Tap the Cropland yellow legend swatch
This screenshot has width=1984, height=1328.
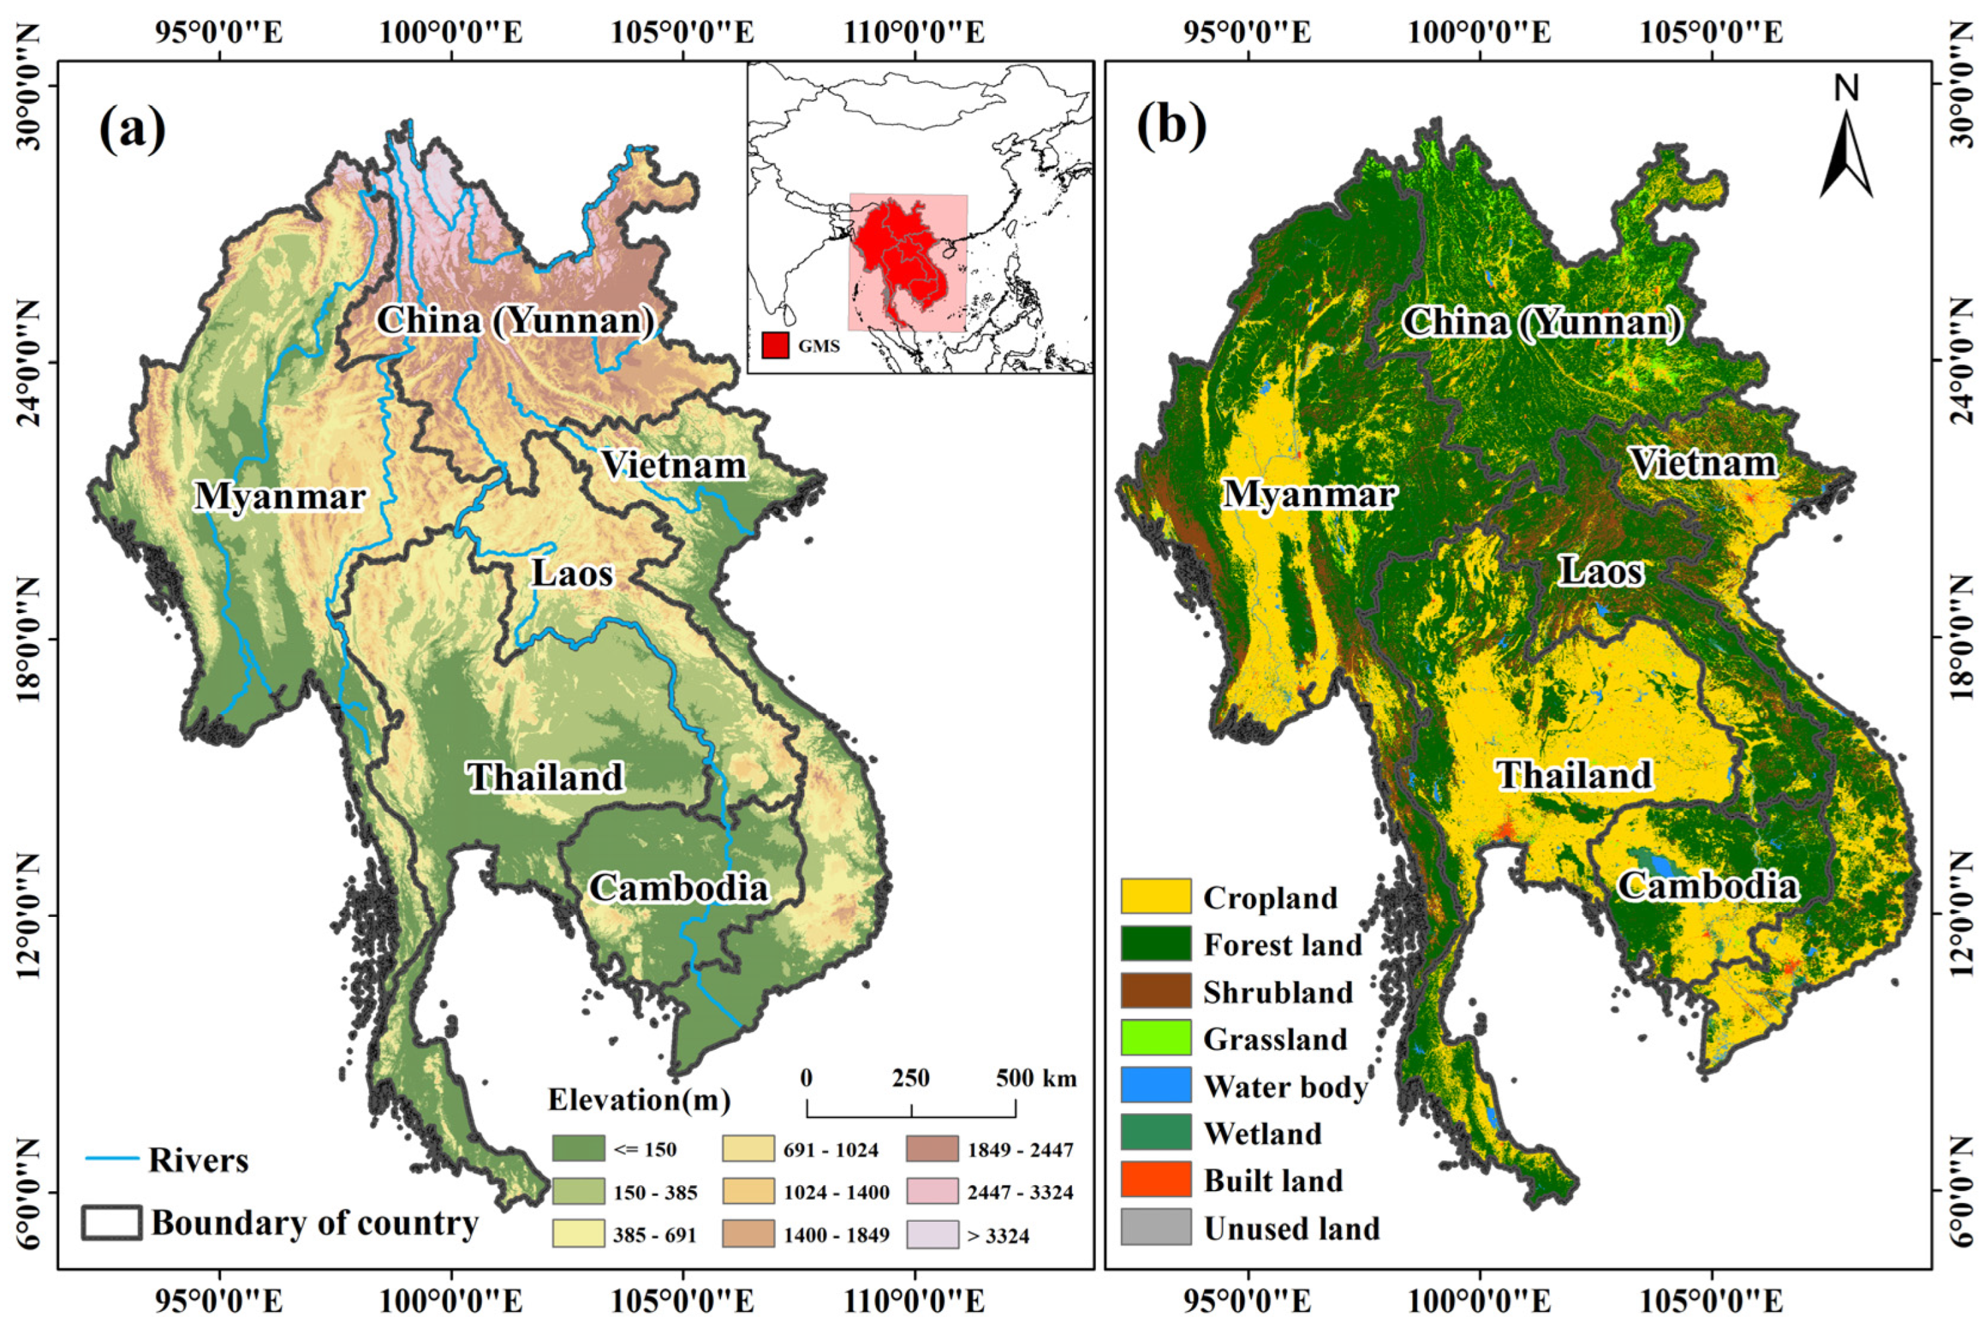(x=1155, y=896)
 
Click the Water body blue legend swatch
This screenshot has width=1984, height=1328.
(x=1155, y=1085)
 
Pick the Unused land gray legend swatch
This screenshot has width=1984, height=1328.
(x=1155, y=1227)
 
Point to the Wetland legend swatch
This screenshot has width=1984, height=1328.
(x=1155, y=1132)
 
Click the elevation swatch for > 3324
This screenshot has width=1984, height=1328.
(x=932, y=1235)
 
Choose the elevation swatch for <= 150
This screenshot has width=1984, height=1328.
(x=578, y=1148)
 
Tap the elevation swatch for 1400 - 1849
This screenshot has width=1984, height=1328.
(x=748, y=1235)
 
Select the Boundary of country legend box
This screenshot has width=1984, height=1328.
(x=112, y=1223)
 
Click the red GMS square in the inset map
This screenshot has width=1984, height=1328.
(x=775, y=346)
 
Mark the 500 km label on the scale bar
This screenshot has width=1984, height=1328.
(x=1035, y=1078)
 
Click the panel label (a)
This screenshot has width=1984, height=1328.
(x=132, y=129)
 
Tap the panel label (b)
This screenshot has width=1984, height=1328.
(x=1170, y=126)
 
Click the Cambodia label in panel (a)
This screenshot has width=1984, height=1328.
(x=679, y=887)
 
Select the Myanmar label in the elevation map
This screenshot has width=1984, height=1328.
(x=280, y=496)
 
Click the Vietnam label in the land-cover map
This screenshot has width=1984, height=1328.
(x=1704, y=463)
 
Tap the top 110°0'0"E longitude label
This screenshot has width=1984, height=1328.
(x=914, y=33)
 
